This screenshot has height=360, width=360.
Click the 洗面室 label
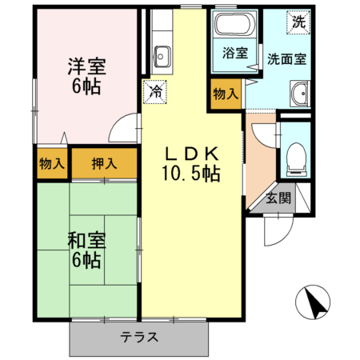(x=286, y=58)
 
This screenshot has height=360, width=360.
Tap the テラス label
(x=139, y=337)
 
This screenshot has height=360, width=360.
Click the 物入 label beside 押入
(x=52, y=165)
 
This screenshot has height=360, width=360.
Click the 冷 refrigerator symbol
(x=155, y=91)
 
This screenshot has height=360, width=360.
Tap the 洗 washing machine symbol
(x=298, y=22)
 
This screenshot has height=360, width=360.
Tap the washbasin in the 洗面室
(x=301, y=93)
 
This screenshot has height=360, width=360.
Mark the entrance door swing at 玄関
(x=274, y=232)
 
